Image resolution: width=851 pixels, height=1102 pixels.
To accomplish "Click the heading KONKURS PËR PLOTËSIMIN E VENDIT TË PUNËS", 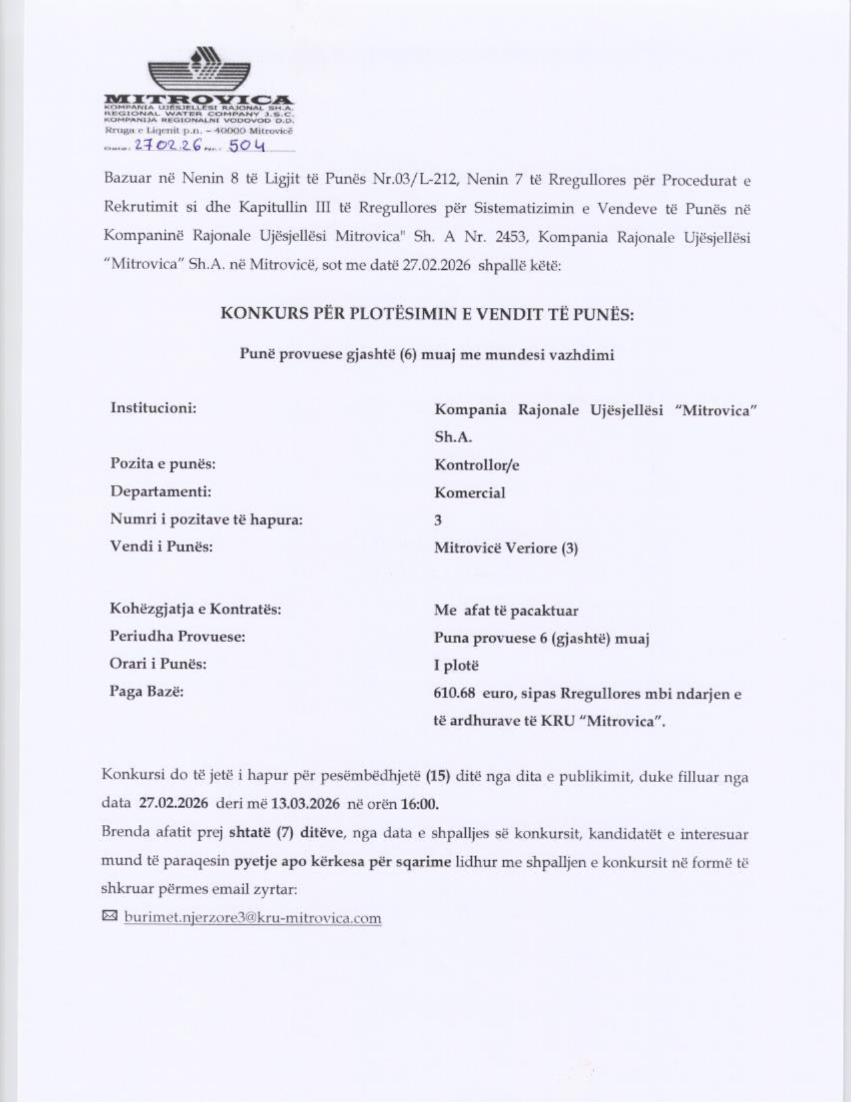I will click(x=427, y=314).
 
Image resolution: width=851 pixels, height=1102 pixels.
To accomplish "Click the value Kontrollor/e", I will click(x=477, y=465).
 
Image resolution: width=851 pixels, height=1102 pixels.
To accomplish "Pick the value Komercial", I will click(x=469, y=493).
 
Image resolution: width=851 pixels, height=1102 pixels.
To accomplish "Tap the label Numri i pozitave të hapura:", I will click(x=206, y=519).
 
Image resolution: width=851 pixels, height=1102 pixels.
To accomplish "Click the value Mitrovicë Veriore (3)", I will click(x=506, y=548).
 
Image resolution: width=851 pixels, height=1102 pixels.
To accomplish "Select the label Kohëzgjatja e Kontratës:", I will click(x=195, y=609).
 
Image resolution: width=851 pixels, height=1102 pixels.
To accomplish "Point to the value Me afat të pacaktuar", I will click(x=506, y=610).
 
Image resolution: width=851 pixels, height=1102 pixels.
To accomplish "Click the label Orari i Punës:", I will click(x=158, y=664).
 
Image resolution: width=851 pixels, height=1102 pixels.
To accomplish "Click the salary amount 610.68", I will click(x=455, y=694).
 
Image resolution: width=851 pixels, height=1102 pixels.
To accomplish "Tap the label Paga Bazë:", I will click(x=146, y=691).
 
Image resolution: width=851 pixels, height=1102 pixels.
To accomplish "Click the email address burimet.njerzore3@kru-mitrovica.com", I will click(x=253, y=918).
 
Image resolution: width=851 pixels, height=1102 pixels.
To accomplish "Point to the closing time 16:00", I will click(x=419, y=803).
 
